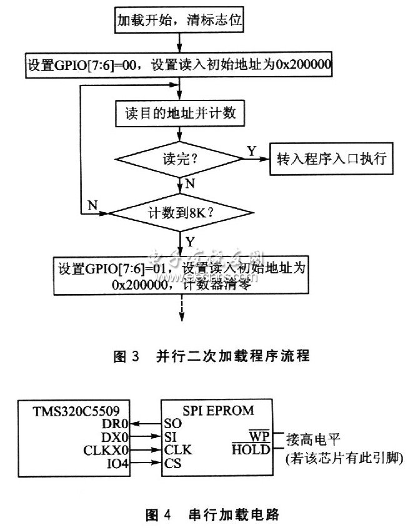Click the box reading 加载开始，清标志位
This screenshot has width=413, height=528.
(x=180, y=20)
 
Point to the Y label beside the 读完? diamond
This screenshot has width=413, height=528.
(x=251, y=150)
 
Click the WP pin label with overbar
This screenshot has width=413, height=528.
(x=259, y=436)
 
